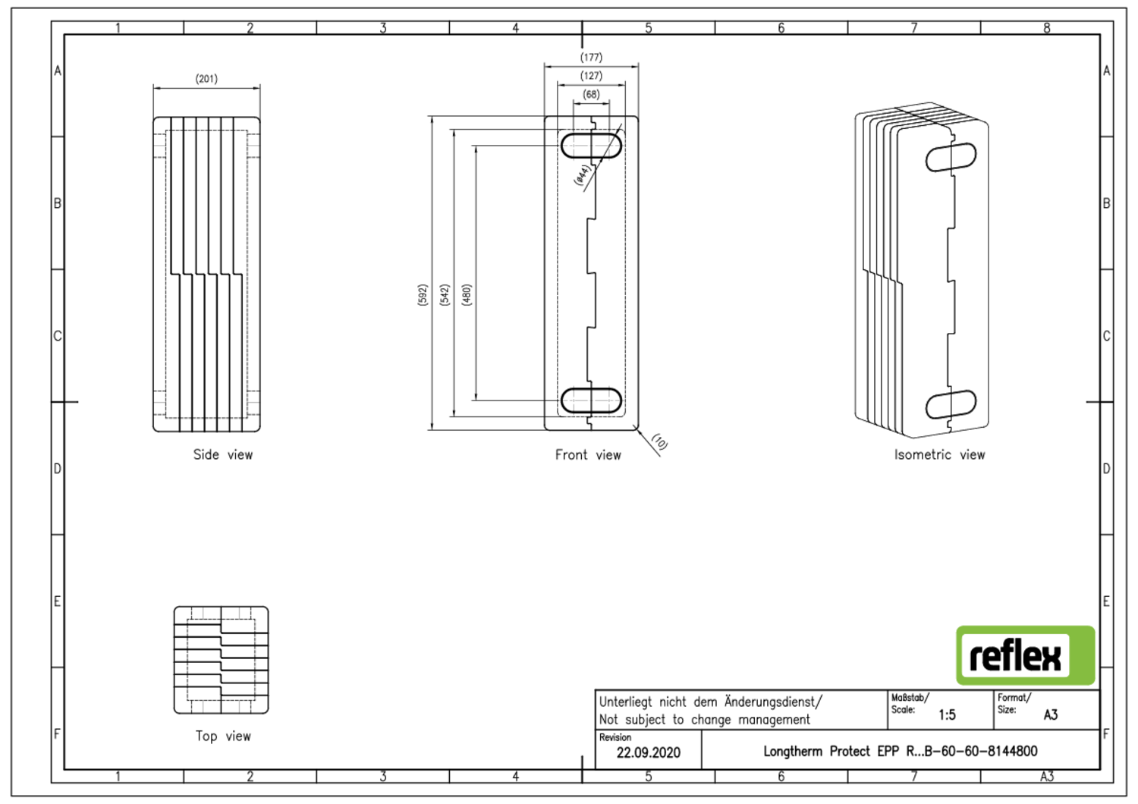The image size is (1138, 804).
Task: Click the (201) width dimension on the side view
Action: click(x=206, y=79)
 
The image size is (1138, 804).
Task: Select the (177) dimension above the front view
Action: click(x=591, y=58)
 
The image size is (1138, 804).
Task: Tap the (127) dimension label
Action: click(x=591, y=76)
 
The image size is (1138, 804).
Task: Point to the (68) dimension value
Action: click(x=591, y=95)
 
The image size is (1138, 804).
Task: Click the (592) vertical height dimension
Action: click(x=423, y=295)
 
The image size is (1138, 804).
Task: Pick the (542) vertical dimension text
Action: click(x=445, y=295)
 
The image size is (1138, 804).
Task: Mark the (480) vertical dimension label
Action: click(x=467, y=295)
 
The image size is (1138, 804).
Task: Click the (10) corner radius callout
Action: click(x=659, y=441)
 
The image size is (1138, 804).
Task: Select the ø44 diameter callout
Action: click(x=582, y=174)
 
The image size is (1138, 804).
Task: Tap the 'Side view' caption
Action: click(x=222, y=455)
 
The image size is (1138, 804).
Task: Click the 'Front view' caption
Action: click(x=588, y=455)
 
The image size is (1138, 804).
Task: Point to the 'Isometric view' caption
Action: click(x=939, y=455)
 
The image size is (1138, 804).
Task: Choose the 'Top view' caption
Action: click(x=222, y=736)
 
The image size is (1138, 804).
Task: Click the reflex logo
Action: click(x=1025, y=656)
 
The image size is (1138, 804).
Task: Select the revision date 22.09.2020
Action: click(x=648, y=753)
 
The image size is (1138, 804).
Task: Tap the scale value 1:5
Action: click(x=947, y=715)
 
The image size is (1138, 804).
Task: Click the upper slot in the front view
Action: click(x=591, y=146)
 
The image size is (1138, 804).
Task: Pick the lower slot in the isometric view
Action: click(x=951, y=404)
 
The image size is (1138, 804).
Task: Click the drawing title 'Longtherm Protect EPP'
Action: click(x=900, y=752)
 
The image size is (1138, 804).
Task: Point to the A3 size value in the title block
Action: click(x=1051, y=715)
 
